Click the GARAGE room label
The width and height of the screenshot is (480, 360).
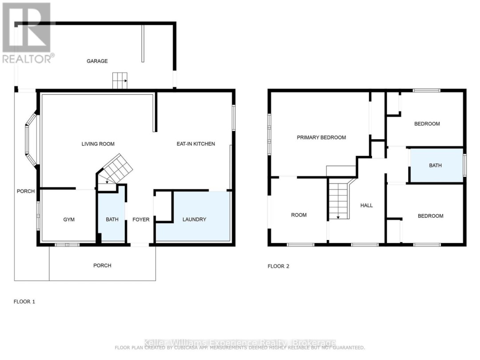[x=97, y=61]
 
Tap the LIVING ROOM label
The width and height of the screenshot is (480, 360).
[x=98, y=144]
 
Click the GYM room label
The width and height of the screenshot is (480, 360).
[x=69, y=220]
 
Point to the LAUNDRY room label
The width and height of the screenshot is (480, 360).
[x=194, y=220]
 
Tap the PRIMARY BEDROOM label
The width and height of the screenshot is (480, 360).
[x=321, y=137]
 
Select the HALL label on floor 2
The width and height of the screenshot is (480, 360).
[x=367, y=205]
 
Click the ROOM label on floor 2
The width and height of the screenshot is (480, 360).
[x=299, y=215]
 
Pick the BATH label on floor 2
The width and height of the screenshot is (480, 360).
[x=435, y=165]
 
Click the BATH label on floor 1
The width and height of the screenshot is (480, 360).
[x=112, y=220]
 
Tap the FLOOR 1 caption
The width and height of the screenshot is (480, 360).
[x=24, y=302]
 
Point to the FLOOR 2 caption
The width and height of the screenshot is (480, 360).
[x=278, y=266]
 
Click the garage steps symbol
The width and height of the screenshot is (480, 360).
[x=120, y=81]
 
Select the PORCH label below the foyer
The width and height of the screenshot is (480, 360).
[x=102, y=265]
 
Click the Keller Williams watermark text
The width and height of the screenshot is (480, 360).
[x=240, y=343]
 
